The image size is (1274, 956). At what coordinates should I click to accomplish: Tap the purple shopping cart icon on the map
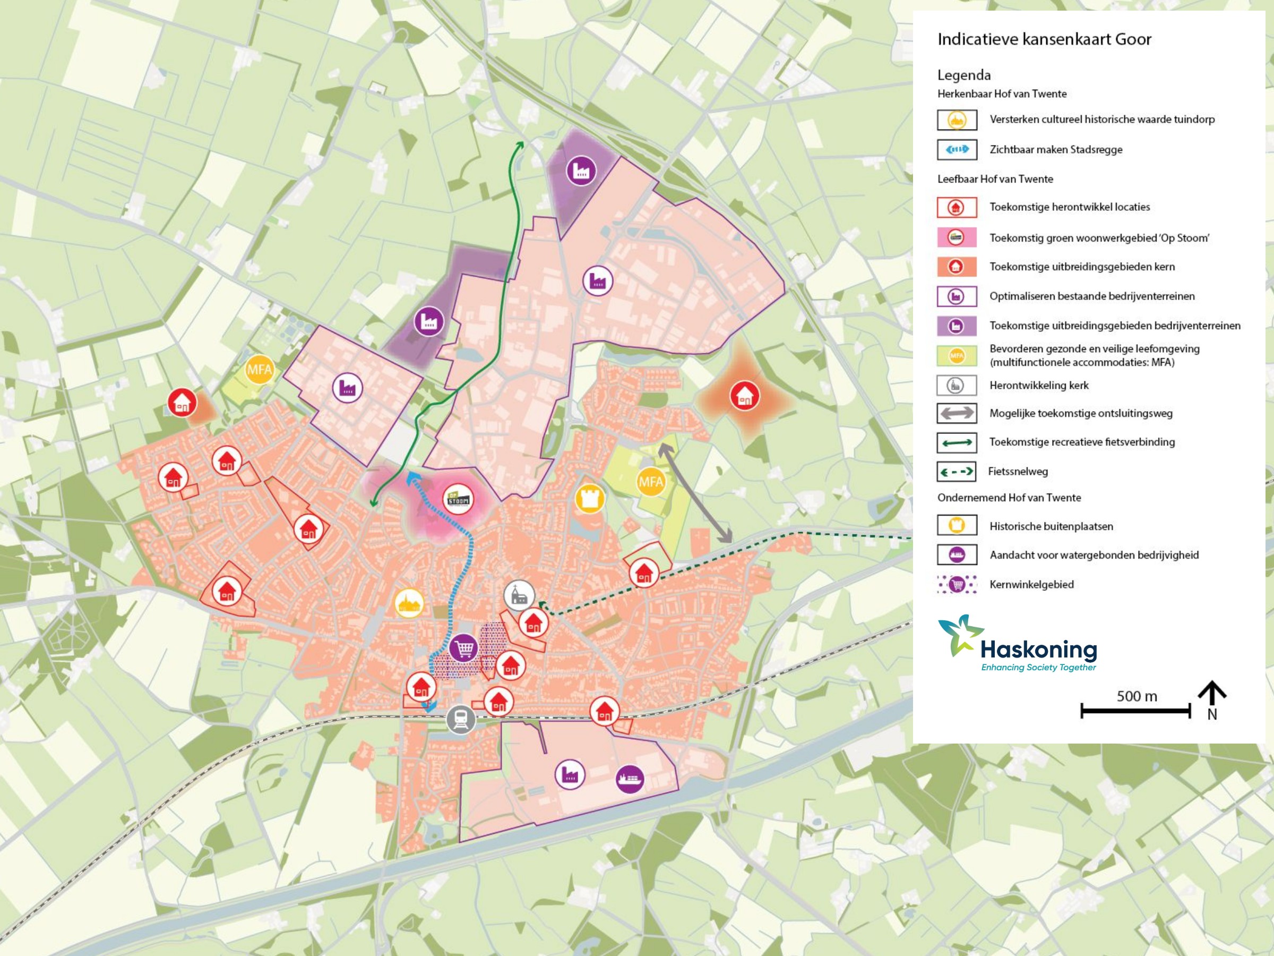[463, 648]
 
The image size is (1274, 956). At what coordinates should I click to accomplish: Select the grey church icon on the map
[519, 595]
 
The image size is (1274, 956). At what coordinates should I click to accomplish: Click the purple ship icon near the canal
[630, 779]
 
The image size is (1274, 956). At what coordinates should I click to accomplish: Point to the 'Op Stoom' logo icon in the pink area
[459, 499]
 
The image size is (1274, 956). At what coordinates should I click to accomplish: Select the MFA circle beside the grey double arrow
[651, 482]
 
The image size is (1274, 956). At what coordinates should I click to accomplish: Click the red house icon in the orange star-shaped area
[745, 396]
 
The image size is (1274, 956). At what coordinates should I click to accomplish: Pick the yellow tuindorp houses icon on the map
[409, 603]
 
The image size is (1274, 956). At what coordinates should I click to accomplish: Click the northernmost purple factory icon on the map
[581, 170]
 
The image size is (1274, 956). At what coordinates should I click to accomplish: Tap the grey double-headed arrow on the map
[695, 493]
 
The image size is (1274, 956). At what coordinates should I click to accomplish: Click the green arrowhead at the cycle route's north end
[520, 144]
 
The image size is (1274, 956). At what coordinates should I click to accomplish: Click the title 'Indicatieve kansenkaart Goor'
[1044, 39]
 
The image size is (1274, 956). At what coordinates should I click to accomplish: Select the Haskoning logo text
[1038, 650]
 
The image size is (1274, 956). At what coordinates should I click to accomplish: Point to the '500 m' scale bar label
[1137, 696]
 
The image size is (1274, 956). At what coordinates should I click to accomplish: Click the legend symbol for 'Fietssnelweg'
[957, 472]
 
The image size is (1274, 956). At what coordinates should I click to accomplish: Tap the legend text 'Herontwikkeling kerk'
[1038, 386]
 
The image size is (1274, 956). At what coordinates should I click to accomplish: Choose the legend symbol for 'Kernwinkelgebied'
[957, 585]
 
